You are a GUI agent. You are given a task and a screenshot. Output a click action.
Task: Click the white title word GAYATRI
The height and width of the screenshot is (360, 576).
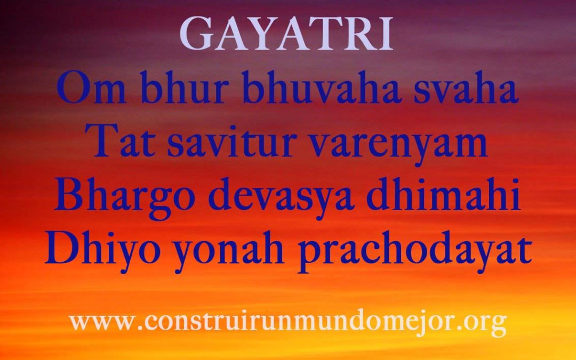pos(286,34)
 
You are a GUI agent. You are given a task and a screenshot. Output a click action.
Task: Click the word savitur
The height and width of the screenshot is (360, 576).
pos(232,140)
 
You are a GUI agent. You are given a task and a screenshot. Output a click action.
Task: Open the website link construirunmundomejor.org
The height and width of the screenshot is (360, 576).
pos(287,323)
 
